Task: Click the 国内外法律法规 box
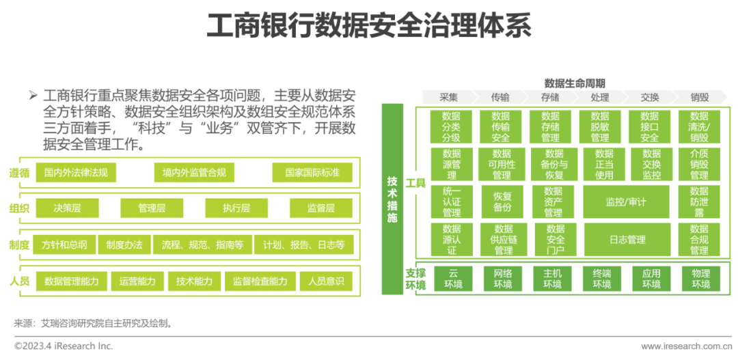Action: (x=76, y=173)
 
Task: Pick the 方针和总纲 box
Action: (x=64, y=245)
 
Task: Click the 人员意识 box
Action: (x=326, y=281)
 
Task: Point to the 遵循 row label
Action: (x=19, y=173)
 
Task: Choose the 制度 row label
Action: (x=19, y=245)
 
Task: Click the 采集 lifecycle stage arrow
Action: (x=449, y=97)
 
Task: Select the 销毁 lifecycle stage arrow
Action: (x=699, y=97)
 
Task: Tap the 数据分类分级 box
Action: (x=451, y=127)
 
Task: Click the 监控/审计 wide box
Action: (x=625, y=202)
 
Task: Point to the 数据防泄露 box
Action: (x=699, y=202)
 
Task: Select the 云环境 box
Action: (x=453, y=279)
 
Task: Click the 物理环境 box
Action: (x=700, y=279)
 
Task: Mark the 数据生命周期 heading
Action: (x=575, y=83)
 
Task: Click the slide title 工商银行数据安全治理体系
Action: (x=368, y=27)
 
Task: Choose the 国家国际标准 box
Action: (x=312, y=173)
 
